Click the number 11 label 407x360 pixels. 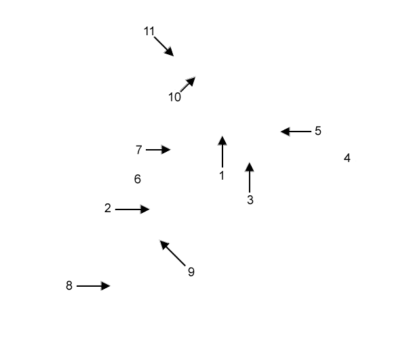(149, 31)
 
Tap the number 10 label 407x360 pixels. (174, 97)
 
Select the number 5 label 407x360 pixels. (318, 131)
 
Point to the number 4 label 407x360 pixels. (347, 158)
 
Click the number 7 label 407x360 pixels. (139, 150)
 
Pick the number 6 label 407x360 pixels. (138, 179)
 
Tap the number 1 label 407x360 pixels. (222, 176)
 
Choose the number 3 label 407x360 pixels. (250, 200)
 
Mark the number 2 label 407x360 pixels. (108, 208)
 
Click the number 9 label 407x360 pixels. (191, 272)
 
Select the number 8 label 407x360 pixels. (69, 285)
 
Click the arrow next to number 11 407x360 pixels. (164, 46)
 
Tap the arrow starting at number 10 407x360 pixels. (188, 84)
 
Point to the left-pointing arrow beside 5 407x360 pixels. (296, 132)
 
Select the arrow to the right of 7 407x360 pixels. (158, 150)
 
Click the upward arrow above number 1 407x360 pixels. (222, 151)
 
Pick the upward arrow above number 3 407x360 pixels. (250, 178)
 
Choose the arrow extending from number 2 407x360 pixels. (132, 209)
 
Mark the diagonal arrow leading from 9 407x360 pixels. (172, 253)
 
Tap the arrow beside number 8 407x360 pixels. (94, 286)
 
